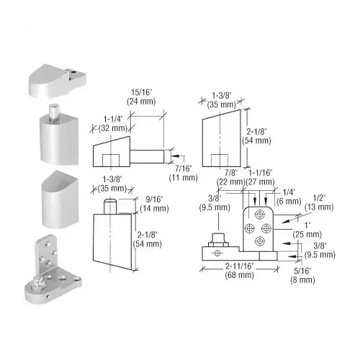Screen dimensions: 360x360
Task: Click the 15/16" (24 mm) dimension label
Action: click(141, 96)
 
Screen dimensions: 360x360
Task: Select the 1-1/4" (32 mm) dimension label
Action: click(113, 124)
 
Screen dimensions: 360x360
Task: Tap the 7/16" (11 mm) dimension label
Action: click(184, 173)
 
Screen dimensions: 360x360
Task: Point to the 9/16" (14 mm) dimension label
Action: click(154, 204)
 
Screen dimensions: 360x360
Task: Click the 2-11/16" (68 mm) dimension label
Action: click(240, 271)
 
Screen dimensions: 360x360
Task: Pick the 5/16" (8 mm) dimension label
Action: click(302, 275)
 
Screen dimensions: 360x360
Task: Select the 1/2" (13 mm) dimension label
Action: click(319, 202)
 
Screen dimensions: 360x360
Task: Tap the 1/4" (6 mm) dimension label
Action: click(289, 197)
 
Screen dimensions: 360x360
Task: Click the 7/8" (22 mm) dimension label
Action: click(230, 177)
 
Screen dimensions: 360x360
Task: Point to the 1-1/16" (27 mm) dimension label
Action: click(260, 177)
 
